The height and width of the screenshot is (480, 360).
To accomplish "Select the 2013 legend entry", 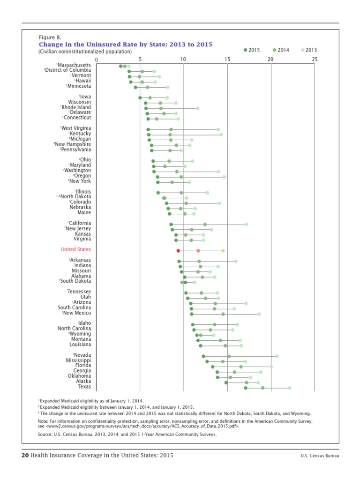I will click(309, 50).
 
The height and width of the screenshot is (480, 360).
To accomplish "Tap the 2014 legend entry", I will click(280, 50).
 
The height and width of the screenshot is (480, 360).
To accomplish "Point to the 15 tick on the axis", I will click(227, 60).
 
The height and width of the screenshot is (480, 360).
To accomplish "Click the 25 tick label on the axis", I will click(314, 60).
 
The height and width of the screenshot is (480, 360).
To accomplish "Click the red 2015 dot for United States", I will click(178, 251).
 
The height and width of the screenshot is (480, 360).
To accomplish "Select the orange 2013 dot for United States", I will click(223, 251).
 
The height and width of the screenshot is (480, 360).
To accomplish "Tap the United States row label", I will click(75, 249).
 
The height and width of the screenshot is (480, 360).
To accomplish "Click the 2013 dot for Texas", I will click(290, 388).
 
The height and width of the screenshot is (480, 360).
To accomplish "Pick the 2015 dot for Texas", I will click(246, 388).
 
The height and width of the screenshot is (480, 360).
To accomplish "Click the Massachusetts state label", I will click(74, 65).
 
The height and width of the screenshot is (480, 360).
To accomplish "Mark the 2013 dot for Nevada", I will click(277, 356).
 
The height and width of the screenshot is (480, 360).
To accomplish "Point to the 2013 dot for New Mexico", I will click(259, 314).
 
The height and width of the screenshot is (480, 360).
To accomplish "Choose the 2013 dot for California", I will click(246, 225).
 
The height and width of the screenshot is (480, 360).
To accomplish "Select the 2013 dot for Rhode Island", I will click(198, 108).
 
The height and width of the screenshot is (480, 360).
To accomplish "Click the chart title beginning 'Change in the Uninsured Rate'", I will click(125, 44).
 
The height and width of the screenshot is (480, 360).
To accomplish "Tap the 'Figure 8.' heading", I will click(50, 37).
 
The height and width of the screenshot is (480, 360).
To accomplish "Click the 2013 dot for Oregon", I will click(224, 177).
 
